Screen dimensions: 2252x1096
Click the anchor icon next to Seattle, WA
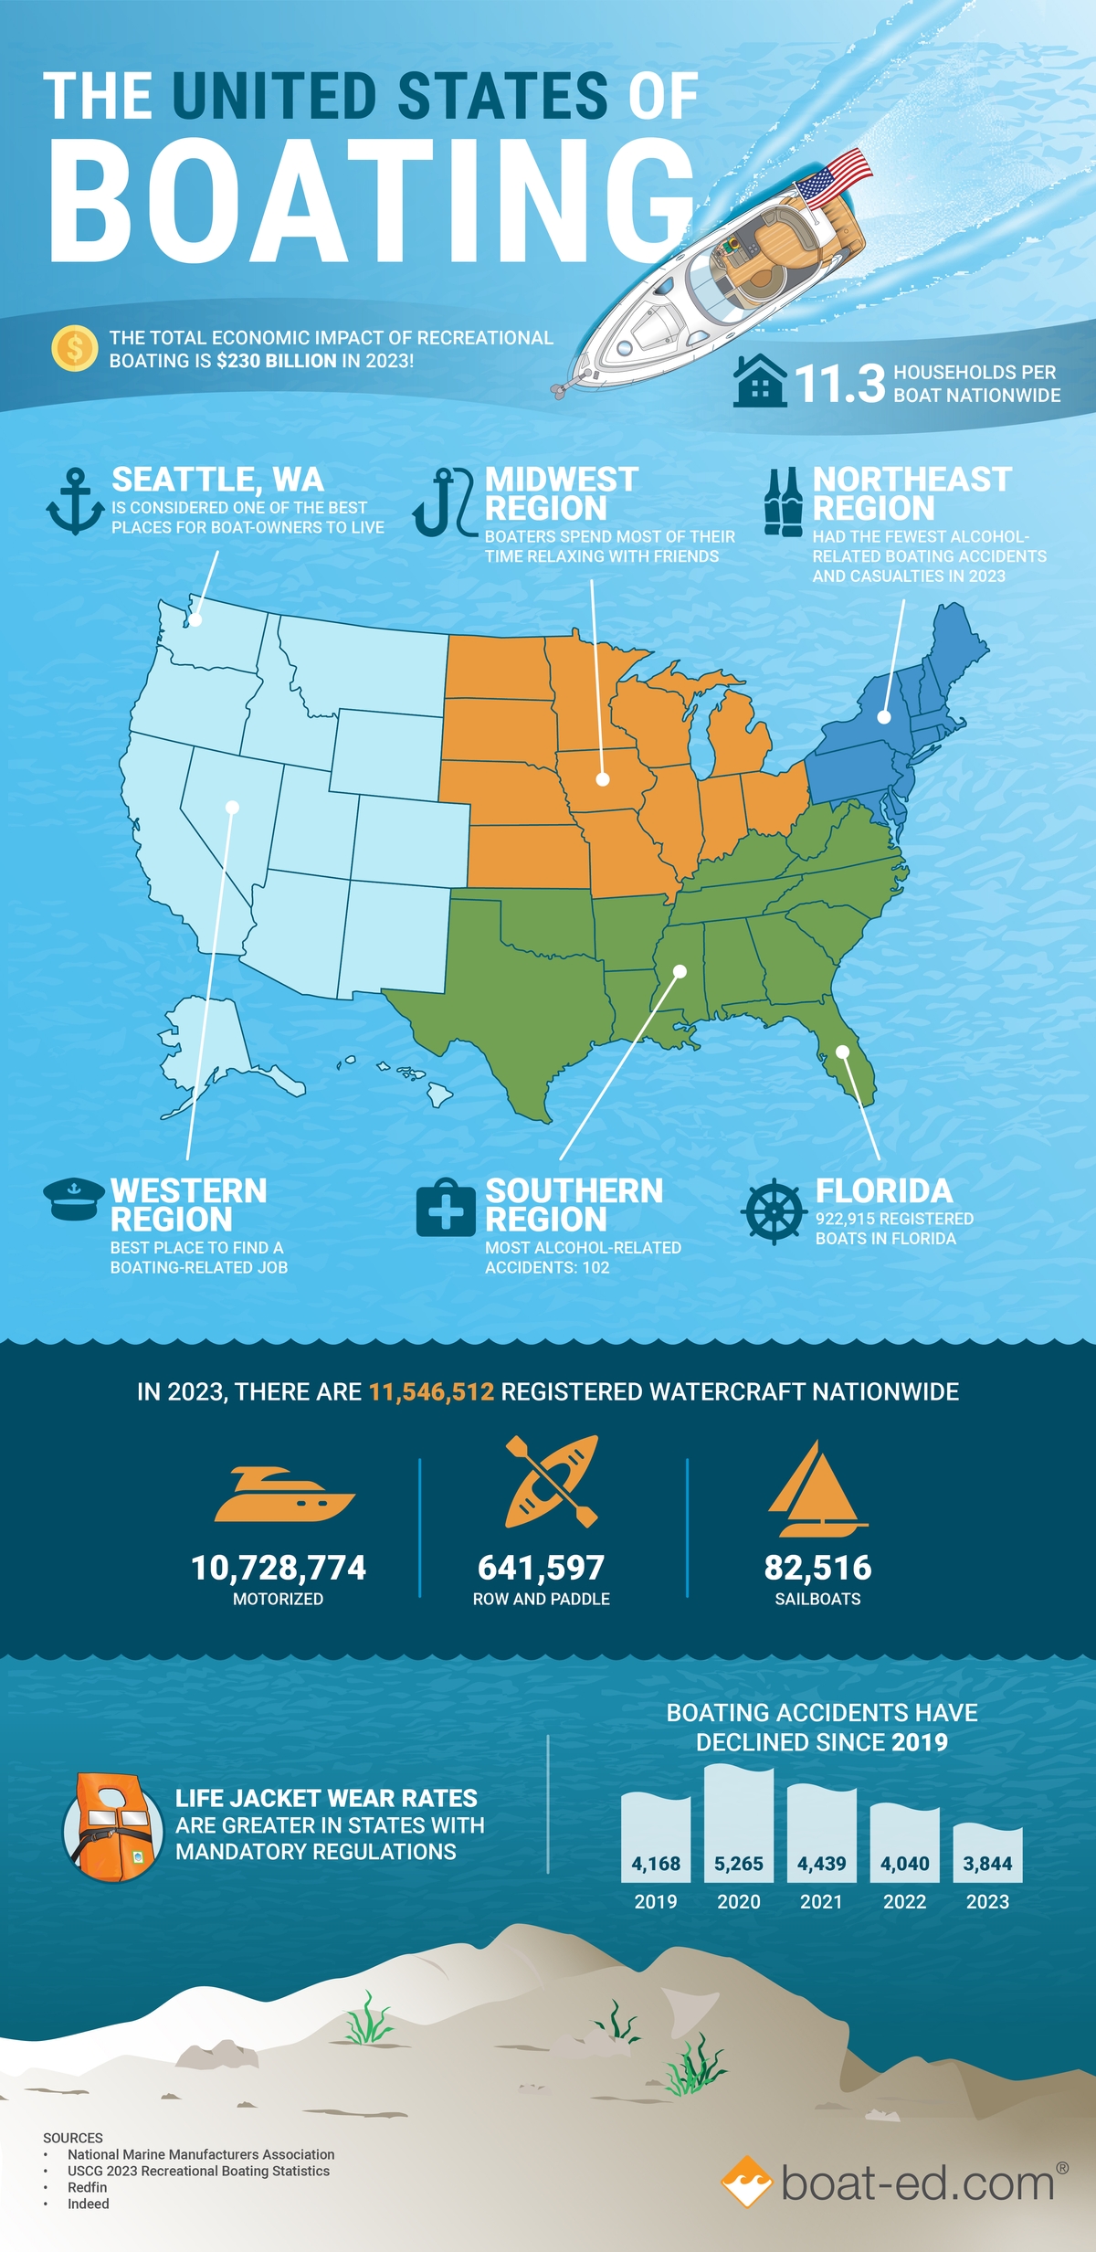(x=75, y=501)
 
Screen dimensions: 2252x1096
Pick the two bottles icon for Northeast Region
(x=784, y=502)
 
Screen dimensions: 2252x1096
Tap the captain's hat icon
(x=73, y=1199)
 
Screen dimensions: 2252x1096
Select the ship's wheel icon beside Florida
(x=774, y=1211)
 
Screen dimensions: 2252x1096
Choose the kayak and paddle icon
(x=552, y=1481)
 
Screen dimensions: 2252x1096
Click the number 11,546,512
(x=431, y=1391)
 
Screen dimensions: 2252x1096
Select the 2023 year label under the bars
(x=987, y=1902)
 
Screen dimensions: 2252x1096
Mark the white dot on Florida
(x=843, y=1052)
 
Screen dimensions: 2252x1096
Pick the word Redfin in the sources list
(x=88, y=2187)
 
